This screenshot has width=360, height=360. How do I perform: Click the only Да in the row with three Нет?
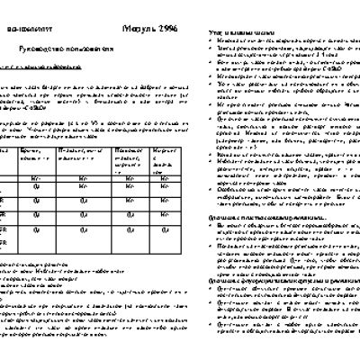click(36, 187)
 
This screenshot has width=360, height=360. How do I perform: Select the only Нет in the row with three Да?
click(165, 215)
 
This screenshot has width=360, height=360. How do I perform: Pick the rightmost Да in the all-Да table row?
click(165, 229)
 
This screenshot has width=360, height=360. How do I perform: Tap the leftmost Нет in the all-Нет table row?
click(36, 179)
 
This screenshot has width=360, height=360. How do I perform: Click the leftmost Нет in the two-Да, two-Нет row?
click(130, 200)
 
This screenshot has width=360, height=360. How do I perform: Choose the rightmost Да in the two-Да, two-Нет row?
click(83, 200)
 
